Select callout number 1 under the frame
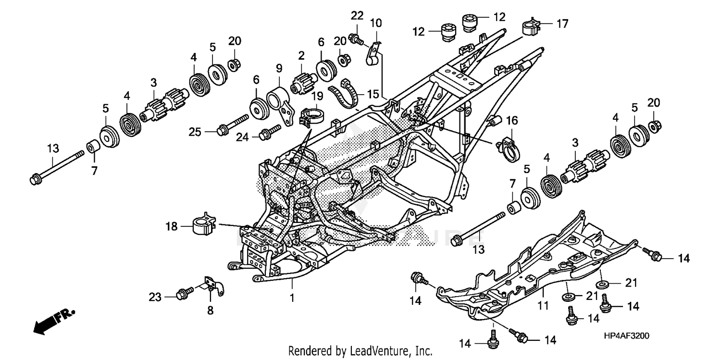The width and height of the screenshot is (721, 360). pos(292,298)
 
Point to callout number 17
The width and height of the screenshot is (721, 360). pos(562,23)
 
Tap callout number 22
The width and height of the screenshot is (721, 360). pos(357,16)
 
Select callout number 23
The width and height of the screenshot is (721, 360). pos(155,297)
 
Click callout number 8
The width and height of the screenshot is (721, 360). pos(210,310)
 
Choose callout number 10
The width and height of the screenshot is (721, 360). pos(376,22)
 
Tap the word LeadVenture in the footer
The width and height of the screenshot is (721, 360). pos(383,350)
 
